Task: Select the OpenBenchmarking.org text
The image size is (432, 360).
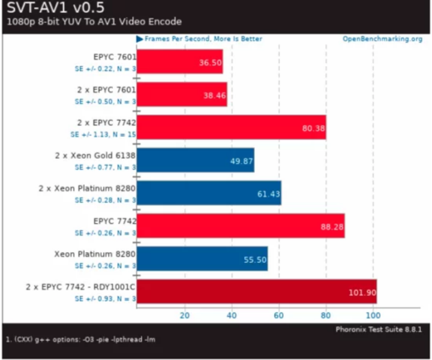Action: click(382, 39)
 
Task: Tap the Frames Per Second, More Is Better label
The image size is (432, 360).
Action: click(203, 39)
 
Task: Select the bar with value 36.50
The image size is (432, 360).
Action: click(179, 62)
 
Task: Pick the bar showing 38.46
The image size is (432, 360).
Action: click(182, 94)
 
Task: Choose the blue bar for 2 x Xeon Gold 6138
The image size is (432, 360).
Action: click(196, 160)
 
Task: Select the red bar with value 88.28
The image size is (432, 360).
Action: click(241, 226)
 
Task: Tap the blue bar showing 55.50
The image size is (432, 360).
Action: click(202, 259)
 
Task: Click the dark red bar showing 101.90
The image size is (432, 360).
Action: click(256, 292)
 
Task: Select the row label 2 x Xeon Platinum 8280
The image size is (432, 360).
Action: click(87, 188)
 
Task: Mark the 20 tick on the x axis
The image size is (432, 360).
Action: click(184, 315)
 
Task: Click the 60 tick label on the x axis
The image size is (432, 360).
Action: click(278, 315)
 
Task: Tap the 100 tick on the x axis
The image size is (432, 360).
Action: click(373, 315)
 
